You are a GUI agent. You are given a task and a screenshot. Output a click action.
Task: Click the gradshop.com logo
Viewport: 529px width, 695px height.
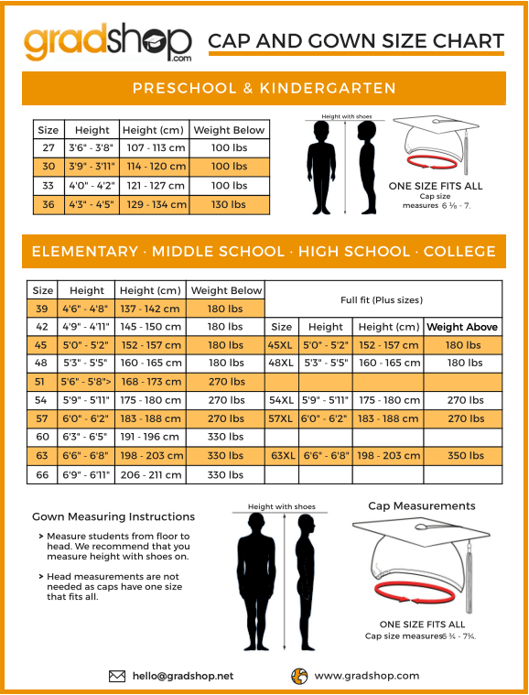[x=108, y=40]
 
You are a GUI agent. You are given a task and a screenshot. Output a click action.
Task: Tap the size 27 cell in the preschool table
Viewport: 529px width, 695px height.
[x=49, y=148]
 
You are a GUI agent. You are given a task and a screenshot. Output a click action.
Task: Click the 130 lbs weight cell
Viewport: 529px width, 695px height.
[x=229, y=204]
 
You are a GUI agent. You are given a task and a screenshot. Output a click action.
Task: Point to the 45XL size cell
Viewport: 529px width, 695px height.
[x=282, y=345]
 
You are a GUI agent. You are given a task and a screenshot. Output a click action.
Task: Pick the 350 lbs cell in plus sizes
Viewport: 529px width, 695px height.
[x=463, y=455]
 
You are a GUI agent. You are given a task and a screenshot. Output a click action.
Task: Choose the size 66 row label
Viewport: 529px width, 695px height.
[x=42, y=474]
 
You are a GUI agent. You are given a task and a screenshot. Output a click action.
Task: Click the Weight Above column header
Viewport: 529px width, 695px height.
[x=462, y=327]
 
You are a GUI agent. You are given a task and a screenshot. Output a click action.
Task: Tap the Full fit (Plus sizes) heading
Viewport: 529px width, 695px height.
[x=382, y=299]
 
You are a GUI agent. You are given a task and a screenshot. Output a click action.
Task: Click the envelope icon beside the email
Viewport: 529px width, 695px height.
[x=117, y=676]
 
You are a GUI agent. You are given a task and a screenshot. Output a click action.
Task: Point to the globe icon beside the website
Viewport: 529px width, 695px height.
[x=298, y=676]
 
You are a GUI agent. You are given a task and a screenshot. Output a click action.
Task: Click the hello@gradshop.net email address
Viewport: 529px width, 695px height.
[x=182, y=676]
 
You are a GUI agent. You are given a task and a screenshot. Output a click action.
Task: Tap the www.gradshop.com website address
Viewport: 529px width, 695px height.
[x=367, y=676]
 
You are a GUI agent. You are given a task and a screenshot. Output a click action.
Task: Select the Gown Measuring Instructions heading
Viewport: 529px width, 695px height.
[x=113, y=516]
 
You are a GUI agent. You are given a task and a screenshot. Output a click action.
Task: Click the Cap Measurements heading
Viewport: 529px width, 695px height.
[x=421, y=505]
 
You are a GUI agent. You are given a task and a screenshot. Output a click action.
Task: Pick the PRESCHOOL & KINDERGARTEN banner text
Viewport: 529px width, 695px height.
[x=264, y=89]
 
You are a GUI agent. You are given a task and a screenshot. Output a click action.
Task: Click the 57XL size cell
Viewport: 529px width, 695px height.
[x=282, y=418]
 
